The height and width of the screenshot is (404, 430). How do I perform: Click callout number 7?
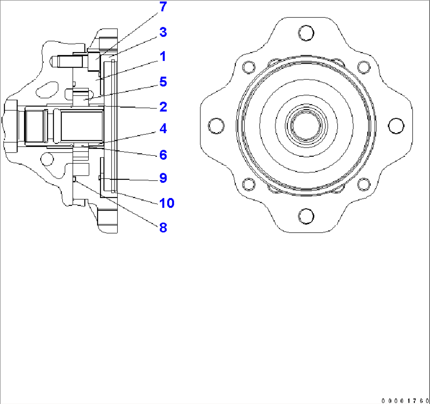click(x=163, y=8)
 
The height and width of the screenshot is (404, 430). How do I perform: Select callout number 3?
click(x=163, y=32)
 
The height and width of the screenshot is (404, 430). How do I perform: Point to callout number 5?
click(x=163, y=82)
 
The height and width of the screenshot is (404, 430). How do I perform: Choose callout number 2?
click(x=163, y=107)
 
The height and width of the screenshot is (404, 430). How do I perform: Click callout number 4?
click(x=163, y=129)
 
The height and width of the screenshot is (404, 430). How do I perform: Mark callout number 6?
click(x=163, y=155)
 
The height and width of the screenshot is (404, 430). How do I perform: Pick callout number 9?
click(x=163, y=178)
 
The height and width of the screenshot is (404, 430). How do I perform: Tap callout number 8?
click(x=163, y=228)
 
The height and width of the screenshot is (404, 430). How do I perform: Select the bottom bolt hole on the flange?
click(x=306, y=216)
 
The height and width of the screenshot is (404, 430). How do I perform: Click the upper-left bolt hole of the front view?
click(x=248, y=67)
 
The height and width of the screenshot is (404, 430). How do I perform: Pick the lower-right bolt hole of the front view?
click(x=365, y=184)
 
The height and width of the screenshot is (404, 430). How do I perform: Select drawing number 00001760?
click(x=405, y=400)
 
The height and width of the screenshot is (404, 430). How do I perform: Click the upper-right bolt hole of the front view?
click(x=365, y=67)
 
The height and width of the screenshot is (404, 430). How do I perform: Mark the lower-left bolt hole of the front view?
click(x=248, y=184)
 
